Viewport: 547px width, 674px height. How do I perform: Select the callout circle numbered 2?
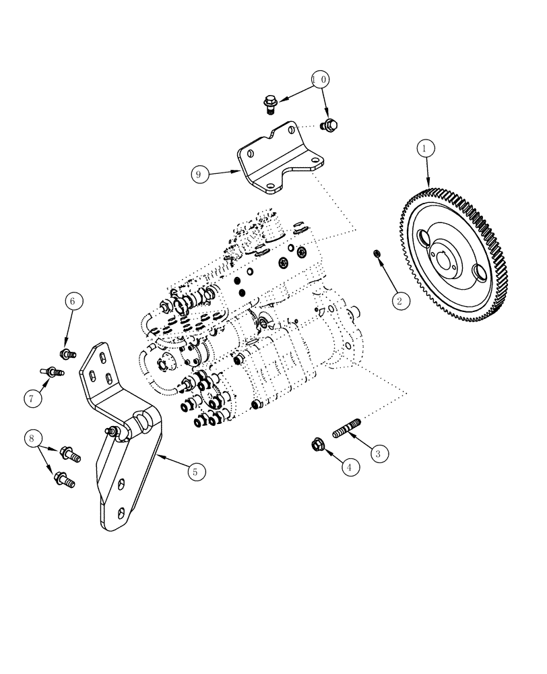399,301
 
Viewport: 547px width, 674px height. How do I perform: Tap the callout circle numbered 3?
378,454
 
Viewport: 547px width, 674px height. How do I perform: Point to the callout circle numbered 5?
195,472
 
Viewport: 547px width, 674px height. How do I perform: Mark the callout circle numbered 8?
32,439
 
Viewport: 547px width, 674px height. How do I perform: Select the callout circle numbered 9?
198,175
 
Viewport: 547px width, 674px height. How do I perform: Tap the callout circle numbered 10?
321,80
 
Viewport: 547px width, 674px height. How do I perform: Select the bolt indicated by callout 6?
67,353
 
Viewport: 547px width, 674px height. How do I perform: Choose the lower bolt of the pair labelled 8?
65,480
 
